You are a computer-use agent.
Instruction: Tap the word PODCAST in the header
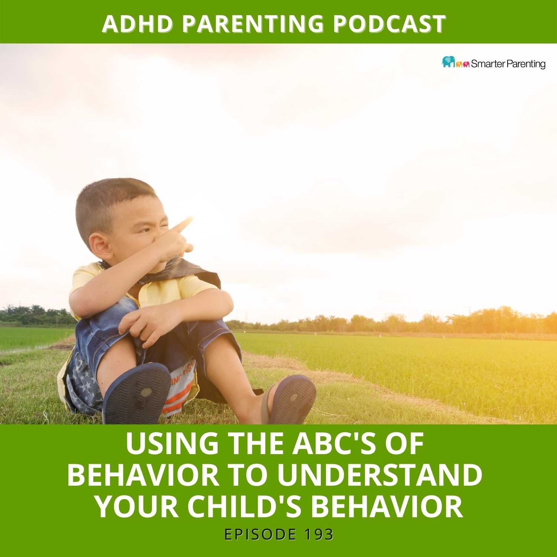coord(390,24)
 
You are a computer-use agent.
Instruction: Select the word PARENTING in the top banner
coord(254,24)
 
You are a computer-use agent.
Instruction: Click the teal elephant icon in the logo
coord(449,62)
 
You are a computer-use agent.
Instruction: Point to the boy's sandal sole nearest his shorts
coord(136,394)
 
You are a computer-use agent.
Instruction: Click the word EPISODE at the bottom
coord(260,535)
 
